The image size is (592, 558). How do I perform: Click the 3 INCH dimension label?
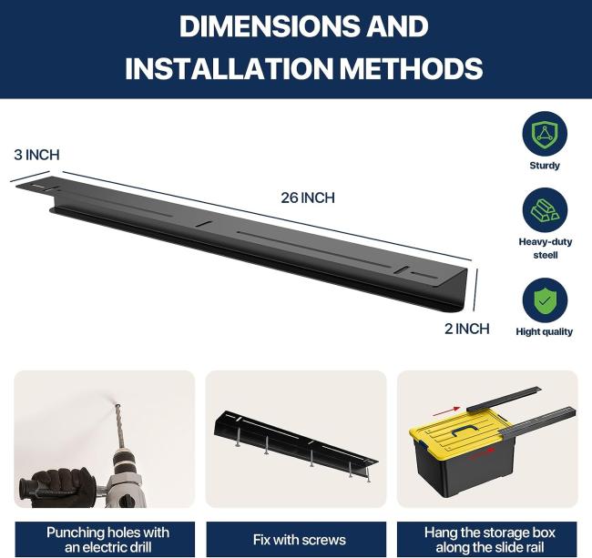(36, 155)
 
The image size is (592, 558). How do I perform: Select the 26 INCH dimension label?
(308, 198)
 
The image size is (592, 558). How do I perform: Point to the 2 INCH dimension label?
(466, 329)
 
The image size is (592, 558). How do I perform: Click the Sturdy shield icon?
(545, 134)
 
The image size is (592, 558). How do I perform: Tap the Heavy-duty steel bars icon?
(545, 210)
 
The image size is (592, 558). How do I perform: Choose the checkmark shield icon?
(545, 300)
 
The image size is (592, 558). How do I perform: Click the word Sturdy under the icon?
(545, 166)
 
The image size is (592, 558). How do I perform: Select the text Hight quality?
(545, 331)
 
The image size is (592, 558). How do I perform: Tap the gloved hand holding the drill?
(62, 486)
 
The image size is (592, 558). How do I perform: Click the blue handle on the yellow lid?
(465, 431)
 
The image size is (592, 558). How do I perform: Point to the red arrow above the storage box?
(452, 409)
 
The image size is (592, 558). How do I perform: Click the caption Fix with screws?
(300, 540)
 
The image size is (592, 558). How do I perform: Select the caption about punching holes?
(108, 540)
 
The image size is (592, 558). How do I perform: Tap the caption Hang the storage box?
(490, 540)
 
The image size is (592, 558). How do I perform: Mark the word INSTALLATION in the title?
(229, 68)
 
